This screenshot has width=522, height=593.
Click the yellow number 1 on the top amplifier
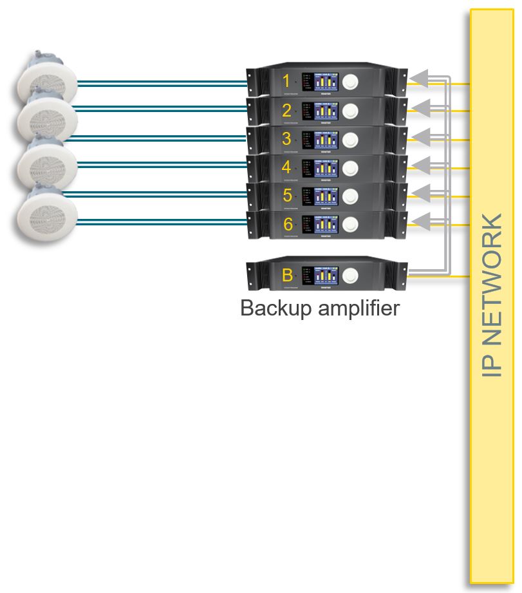click(x=286, y=82)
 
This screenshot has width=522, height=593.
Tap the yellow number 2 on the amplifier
click(x=286, y=110)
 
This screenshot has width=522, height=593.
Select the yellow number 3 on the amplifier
click(x=286, y=138)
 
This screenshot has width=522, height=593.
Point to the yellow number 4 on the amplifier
click(x=286, y=167)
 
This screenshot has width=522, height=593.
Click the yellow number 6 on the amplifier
click(x=287, y=224)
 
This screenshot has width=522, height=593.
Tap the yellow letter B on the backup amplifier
click(x=287, y=275)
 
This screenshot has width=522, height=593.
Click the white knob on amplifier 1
click(x=350, y=82)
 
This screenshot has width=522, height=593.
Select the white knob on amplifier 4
click(x=350, y=167)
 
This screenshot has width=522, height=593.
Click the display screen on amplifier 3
click(x=326, y=139)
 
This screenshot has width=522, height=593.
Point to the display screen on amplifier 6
click(x=326, y=224)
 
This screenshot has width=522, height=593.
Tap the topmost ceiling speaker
click(x=47, y=77)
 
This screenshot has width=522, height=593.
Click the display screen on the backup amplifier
click(x=326, y=275)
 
